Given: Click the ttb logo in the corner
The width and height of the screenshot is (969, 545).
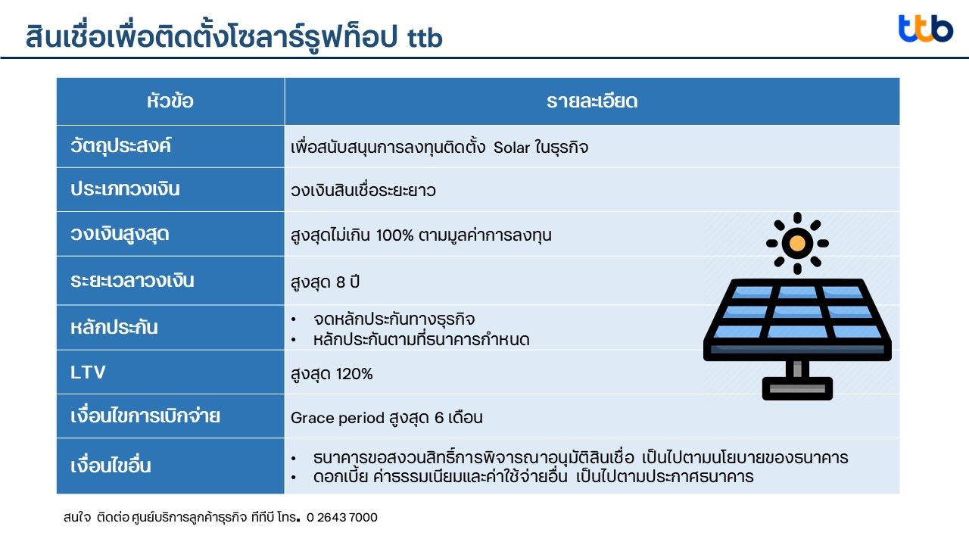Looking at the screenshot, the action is click(x=926, y=29).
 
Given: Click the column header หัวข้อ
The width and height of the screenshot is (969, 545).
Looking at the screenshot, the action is click(x=170, y=101).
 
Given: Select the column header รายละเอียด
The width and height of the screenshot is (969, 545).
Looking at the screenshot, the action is click(x=592, y=101).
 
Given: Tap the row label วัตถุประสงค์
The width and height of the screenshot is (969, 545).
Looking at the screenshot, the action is click(x=120, y=146).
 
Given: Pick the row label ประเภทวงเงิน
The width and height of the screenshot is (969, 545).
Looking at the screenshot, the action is click(x=125, y=189).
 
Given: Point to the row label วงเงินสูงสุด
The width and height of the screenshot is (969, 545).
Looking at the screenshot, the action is click(x=120, y=235).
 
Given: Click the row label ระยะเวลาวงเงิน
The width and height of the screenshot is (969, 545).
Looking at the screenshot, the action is click(x=132, y=280).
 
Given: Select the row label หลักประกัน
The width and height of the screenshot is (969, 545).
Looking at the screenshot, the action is click(x=114, y=327).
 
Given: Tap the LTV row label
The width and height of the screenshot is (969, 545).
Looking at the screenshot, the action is click(x=88, y=372).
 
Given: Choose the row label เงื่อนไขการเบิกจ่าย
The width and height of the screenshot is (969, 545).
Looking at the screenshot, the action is click(x=145, y=416).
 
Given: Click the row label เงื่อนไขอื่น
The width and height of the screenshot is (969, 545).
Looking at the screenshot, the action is click(x=111, y=466).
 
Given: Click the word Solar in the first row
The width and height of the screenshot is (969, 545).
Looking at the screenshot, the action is click(x=512, y=148).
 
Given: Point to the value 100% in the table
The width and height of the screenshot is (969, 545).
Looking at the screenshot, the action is click(x=394, y=235).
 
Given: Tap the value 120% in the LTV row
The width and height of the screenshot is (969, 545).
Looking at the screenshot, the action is click(x=354, y=374).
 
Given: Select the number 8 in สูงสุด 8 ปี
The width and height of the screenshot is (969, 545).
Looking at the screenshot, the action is click(x=341, y=282).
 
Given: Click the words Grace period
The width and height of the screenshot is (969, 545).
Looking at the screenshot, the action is click(x=338, y=419).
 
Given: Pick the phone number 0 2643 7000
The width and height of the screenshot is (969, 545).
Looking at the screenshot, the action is click(x=341, y=517).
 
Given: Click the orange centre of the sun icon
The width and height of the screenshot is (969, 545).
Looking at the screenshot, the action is click(x=797, y=243).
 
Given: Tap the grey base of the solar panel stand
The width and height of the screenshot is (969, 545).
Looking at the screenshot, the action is click(x=797, y=388).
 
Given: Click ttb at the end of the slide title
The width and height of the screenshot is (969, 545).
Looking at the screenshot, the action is click(x=425, y=38).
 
